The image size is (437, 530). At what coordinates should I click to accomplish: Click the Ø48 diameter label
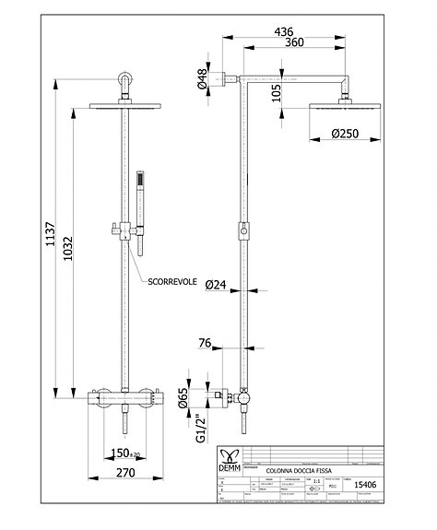click(x=202, y=81)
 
